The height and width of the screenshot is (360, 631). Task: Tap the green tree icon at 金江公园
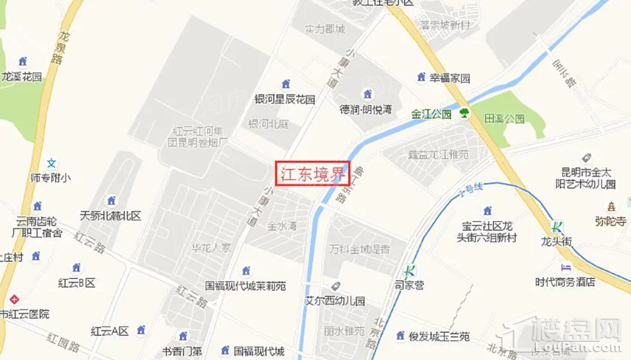pos(465,113)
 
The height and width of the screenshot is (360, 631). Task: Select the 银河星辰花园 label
pos(285,99)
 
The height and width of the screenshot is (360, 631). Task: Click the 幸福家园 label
pos(450,77)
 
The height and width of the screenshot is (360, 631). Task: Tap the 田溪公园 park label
pos(504,118)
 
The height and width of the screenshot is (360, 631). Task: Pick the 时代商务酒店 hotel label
pos(565,281)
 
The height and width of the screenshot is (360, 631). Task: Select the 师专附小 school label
pos(51,177)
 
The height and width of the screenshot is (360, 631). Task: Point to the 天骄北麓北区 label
pos(111,216)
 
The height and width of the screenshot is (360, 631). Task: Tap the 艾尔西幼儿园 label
pos(335,301)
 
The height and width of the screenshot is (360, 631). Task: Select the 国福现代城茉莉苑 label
pos(245,285)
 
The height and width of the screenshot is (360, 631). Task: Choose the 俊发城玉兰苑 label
pos(433,336)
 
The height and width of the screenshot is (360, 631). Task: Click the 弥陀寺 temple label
pos(610,219)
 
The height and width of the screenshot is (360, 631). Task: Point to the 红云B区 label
pos(77,283)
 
